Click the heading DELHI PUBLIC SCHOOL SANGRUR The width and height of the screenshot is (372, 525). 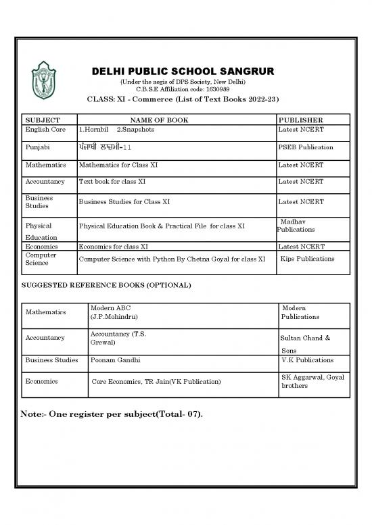[186, 73]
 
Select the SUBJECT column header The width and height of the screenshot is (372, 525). [42, 120]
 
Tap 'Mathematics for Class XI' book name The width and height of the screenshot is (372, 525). [118, 165]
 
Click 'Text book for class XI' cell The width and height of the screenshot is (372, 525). [112, 182]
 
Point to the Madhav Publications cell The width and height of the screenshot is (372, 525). [296, 226]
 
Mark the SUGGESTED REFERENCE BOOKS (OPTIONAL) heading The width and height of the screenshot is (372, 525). [107, 285]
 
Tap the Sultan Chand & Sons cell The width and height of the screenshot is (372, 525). [304, 343]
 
